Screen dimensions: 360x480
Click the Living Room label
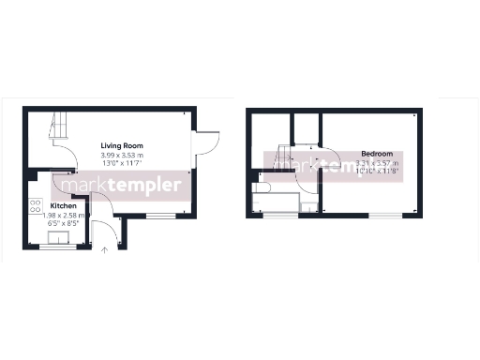(x=123, y=145)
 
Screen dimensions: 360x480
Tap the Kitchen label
(x=64, y=205)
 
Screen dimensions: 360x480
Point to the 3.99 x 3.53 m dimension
(x=123, y=155)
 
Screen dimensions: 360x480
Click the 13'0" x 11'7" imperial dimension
(x=123, y=163)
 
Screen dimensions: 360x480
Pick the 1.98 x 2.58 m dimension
(x=64, y=215)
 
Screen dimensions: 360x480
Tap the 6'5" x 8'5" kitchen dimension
(x=64, y=223)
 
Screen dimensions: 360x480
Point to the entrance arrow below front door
(x=104, y=249)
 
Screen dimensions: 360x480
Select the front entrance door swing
(x=108, y=232)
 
